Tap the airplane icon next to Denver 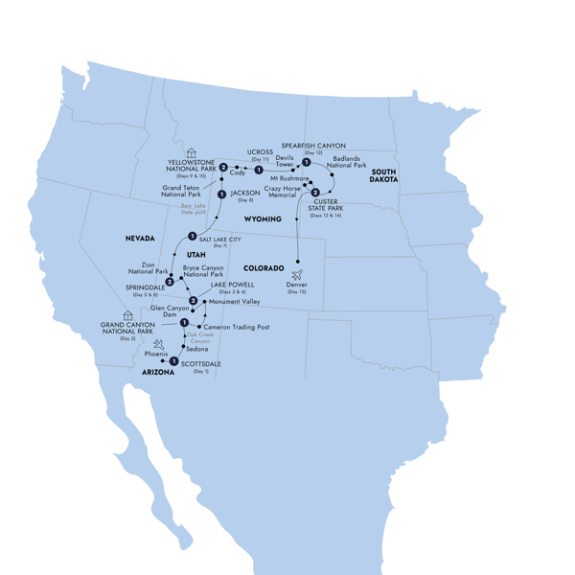[x=297, y=275]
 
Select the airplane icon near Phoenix [x=159, y=345]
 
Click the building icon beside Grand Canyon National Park [x=127, y=314]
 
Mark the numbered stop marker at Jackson [x=221, y=195]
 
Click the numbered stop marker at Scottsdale [x=173, y=361]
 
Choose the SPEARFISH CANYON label [x=313, y=147]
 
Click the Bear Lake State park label [x=193, y=208]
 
